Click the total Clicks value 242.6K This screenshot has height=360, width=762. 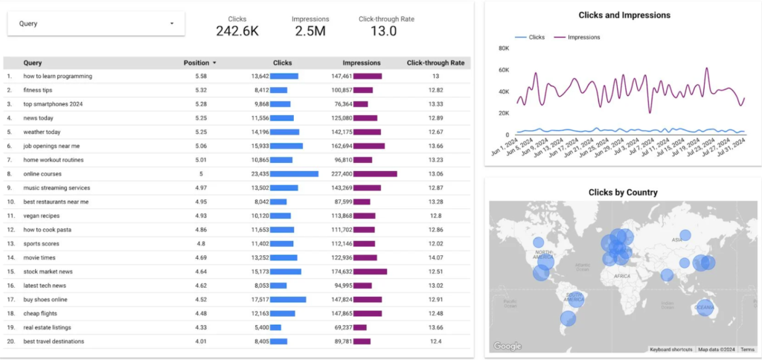pos(237,30)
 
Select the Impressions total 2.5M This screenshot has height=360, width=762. pos(310,30)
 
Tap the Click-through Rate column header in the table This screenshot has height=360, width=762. pos(435,63)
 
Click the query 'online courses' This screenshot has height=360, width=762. pos(43,173)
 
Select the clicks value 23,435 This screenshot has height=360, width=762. pos(259,173)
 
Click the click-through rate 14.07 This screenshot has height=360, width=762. pos(435,257)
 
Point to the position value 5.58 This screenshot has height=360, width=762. pos(201,76)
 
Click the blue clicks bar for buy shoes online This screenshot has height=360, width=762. pos(288,300)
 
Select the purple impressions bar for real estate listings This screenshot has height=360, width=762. pos(360,327)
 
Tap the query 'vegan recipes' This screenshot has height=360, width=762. pos(42,216)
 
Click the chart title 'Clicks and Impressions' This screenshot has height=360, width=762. pos(624,15)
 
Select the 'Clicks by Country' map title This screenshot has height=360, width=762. pos(623,192)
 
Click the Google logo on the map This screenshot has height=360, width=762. pos(508,346)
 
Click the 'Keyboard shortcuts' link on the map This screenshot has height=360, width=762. pos(671,350)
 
